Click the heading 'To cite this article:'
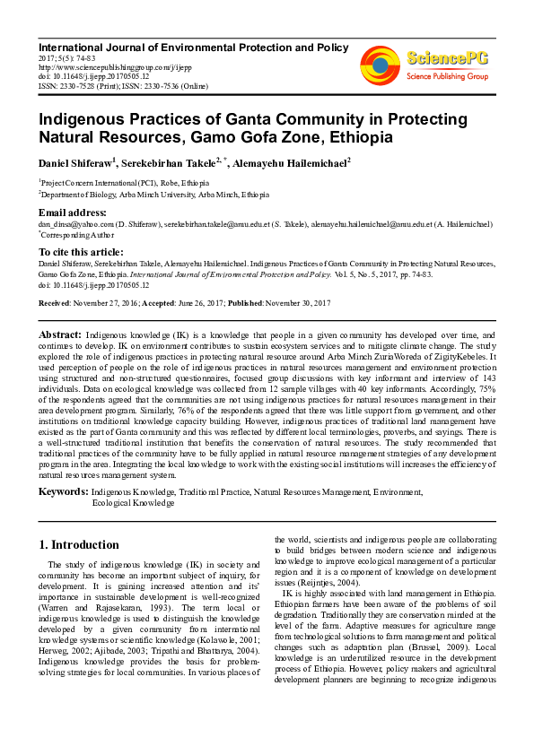pos(81,252)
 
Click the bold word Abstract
pos(59,334)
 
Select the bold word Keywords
pos(63,492)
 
